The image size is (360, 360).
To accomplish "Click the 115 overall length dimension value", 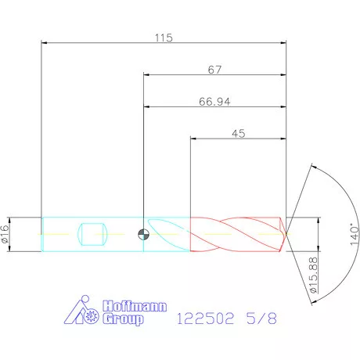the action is point(164,38).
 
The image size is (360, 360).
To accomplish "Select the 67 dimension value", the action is point(214,70).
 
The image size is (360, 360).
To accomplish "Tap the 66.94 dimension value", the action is point(214,102).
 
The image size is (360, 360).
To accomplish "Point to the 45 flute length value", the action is point(239,134).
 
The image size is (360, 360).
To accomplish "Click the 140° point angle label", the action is point(355,234).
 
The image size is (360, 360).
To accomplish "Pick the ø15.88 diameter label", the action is point(313,275).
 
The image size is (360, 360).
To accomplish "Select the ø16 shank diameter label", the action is point(5,234).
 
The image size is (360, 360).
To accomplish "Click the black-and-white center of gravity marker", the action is point(143,234).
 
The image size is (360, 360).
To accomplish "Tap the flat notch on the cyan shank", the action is point(92,234).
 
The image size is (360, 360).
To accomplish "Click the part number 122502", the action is point(205,319).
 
